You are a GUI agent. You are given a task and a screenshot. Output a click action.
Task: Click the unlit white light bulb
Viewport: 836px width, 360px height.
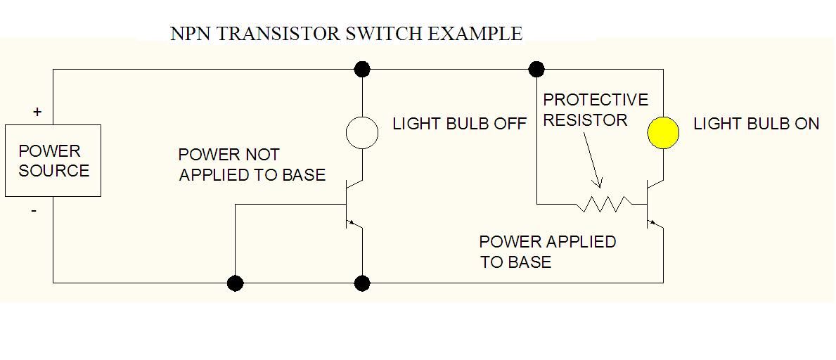coord(362,131)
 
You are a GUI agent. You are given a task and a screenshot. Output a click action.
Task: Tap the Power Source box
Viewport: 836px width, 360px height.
coord(53,160)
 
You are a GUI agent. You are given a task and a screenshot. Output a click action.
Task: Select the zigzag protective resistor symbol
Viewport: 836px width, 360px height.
coord(604,204)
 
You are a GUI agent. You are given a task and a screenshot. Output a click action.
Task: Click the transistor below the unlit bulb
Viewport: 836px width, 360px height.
coord(355,204)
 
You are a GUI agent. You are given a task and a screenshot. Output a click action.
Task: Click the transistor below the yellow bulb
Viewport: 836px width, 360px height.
coord(655,204)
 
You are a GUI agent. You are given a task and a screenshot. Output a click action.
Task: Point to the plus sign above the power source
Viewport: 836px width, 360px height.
coord(37,112)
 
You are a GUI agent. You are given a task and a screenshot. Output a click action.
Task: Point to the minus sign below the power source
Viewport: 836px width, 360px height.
coord(34,210)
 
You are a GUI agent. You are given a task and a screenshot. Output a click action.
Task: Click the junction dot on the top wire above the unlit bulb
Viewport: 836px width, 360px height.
coord(362,69)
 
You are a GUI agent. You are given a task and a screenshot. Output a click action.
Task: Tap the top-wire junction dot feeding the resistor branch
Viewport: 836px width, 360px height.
coord(536,69)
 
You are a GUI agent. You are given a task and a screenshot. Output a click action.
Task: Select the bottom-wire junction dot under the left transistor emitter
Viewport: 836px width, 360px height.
coord(362,283)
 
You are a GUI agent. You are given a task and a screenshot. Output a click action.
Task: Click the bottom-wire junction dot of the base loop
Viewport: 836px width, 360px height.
coord(236,283)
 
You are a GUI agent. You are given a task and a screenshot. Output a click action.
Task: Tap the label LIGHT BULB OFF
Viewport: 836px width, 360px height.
coord(459,124)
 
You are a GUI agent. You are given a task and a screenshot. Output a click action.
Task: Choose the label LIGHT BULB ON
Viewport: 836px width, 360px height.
coord(756,124)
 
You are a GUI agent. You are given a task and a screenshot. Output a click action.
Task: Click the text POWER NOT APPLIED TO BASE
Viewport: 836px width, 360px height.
coord(252,165)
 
